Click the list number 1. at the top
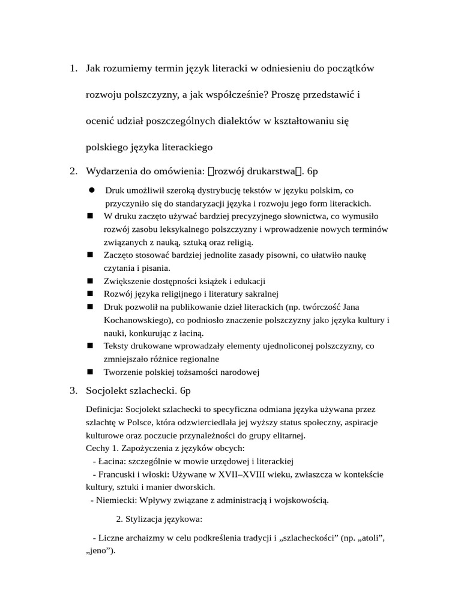73,68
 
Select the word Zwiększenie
130,281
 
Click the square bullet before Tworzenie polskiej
91,372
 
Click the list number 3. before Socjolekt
73,391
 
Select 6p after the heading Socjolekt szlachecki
185,391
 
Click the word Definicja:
104,409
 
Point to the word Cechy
98,448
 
